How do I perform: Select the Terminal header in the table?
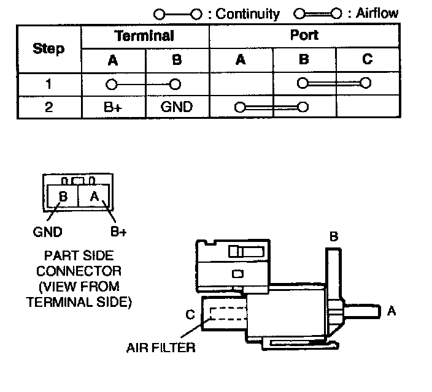pyautogui.click(x=145, y=36)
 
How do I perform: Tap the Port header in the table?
pyautogui.click(x=304, y=36)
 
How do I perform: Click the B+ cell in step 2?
pyautogui.click(x=113, y=107)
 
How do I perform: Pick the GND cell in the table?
pyautogui.click(x=177, y=107)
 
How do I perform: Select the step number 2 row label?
pyautogui.click(x=48, y=107)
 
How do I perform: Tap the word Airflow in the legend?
pyautogui.click(x=377, y=13)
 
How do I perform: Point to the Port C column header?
pyautogui.click(x=368, y=59)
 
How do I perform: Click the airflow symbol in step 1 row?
pyautogui.click(x=333, y=83)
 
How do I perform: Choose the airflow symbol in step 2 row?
pyautogui.click(x=270, y=108)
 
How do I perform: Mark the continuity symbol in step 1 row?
pyautogui.click(x=144, y=84)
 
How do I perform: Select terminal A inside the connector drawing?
pyautogui.click(x=94, y=197)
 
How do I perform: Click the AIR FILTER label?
pyautogui.click(x=161, y=348)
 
